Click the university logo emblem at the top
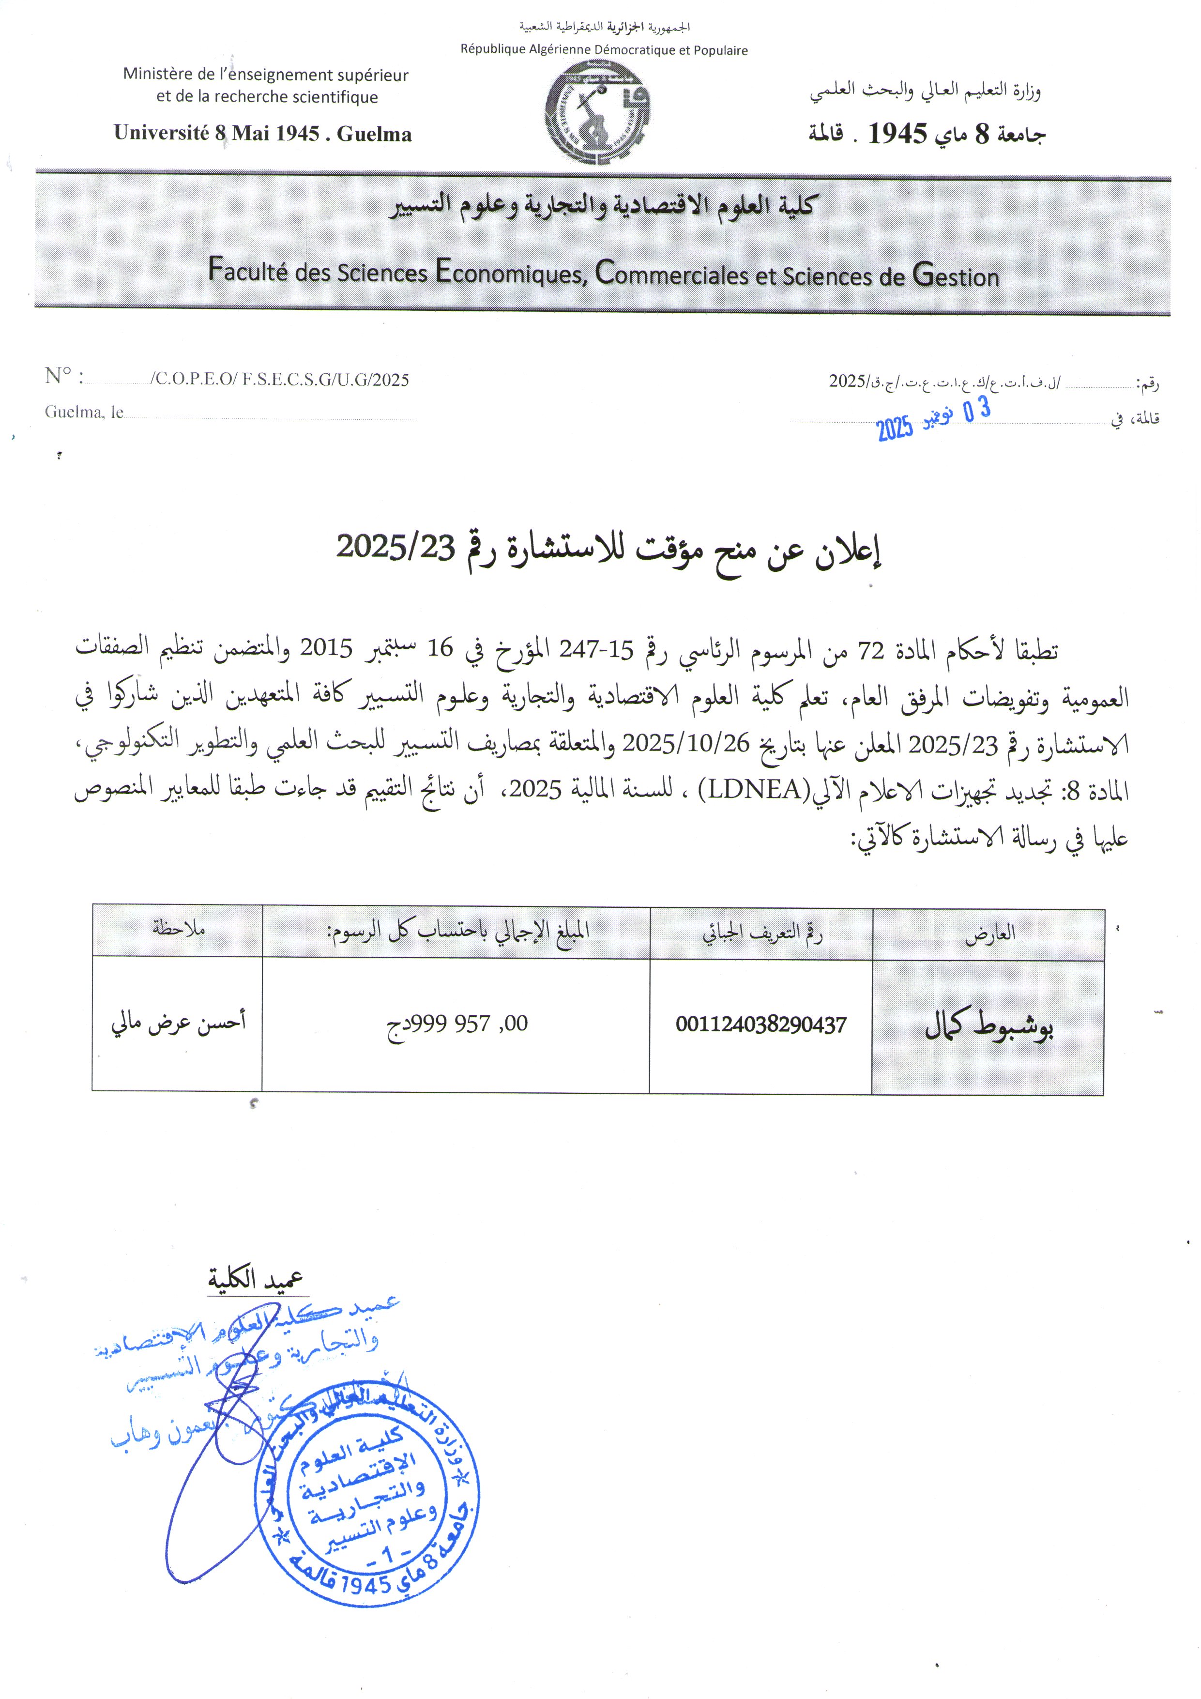(598, 112)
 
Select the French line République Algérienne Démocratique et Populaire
(604, 50)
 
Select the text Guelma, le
(84, 412)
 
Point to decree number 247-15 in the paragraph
(596, 650)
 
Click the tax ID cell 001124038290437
(760, 1025)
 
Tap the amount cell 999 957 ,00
(457, 1024)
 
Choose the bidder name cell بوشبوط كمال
(988, 1026)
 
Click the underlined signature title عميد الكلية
(256, 1279)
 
